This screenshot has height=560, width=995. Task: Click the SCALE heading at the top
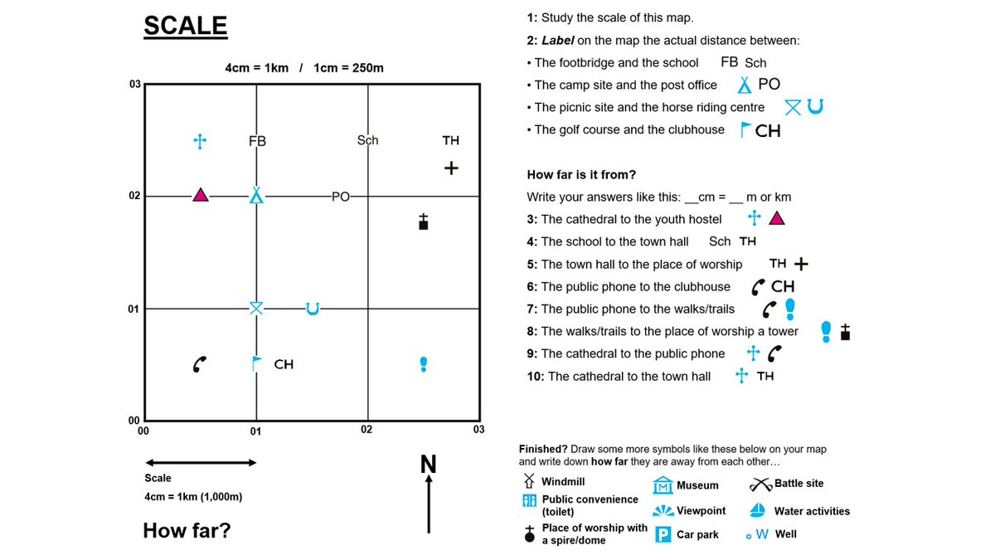185,26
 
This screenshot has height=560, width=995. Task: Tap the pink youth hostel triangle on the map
200,195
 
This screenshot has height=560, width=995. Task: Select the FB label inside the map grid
257,141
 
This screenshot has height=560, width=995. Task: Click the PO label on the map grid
340,197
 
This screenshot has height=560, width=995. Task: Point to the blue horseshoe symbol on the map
312,309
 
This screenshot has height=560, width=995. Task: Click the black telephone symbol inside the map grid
199,363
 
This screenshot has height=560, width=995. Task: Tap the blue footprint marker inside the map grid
424,363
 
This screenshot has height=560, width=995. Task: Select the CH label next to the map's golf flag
284,364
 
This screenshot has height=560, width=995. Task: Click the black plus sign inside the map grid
451,168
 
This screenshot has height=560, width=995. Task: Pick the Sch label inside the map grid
367,140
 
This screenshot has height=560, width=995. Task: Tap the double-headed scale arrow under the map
201,462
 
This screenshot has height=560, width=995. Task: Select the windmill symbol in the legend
528,481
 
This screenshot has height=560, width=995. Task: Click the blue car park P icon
663,534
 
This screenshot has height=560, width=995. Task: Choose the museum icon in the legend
663,485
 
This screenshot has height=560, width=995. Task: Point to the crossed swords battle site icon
760,484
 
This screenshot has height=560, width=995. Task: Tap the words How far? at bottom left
187,530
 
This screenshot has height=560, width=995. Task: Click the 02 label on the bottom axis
366,430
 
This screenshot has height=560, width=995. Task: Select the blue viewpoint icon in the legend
663,510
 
